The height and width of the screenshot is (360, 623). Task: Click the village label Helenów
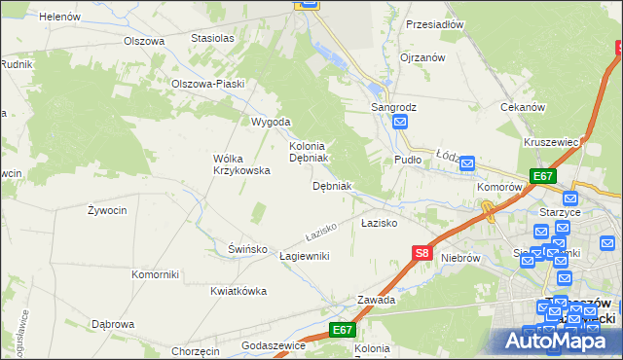[x=58, y=17]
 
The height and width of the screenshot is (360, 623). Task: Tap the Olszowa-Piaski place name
[x=206, y=84]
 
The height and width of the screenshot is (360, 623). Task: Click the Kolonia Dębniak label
[x=311, y=151]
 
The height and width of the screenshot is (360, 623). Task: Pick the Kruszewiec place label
[x=551, y=142]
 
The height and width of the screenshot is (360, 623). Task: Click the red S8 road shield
[x=421, y=253]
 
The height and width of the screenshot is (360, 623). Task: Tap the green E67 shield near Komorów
[x=543, y=176]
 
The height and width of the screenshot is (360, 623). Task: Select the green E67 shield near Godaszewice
[x=341, y=331]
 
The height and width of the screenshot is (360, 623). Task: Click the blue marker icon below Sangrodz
[x=400, y=122]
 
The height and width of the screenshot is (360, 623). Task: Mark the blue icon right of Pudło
[x=466, y=163]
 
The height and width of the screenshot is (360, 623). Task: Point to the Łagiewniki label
[x=305, y=256]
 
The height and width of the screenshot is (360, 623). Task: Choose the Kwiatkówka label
[x=238, y=291]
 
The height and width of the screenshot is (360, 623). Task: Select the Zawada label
[x=376, y=300]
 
